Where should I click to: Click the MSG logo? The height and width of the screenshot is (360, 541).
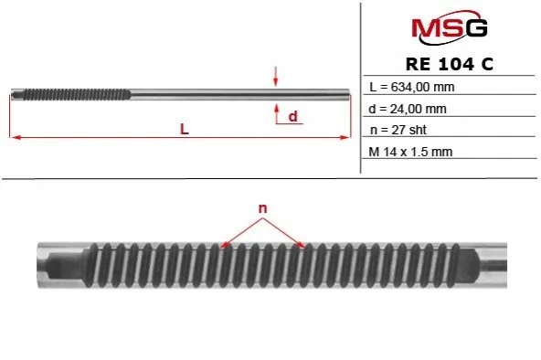click(450, 27)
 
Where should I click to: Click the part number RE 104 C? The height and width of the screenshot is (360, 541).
click(450, 64)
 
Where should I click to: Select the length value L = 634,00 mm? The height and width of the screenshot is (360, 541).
click(411, 87)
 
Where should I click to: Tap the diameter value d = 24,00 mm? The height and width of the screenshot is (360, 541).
click(408, 109)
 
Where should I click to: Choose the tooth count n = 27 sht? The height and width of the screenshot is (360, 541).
click(398, 130)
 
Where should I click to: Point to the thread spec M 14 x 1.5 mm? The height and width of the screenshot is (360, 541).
click(410, 152)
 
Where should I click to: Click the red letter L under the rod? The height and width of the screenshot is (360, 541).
click(185, 130)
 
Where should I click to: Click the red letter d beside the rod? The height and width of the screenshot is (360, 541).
click(293, 116)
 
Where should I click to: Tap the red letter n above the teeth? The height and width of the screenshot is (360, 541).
click(263, 208)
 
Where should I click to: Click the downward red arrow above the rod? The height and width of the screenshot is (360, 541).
click(275, 76)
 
